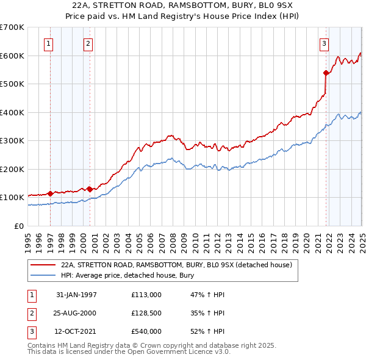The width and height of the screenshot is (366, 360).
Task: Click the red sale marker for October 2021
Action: pyautogui.click(x=326, y=73)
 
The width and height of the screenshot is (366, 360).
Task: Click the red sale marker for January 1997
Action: pyautogui.click(x=50, y=193)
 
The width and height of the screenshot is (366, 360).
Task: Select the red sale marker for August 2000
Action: pyautogui.click(x=90, y=189)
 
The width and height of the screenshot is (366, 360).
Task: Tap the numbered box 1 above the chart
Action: pyautogui.click(x=48, y=43)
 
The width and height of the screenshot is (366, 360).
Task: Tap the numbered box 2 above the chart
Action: pyautogui.click(x=88, y=43)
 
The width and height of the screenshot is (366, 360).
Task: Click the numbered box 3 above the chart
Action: pyautogui.click(x=323, y=43)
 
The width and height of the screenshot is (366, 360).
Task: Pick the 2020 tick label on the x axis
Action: pyautogui.click(x=307, y=238)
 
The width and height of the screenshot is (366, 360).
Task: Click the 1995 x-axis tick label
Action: pyautogui.click(x=28, y=238)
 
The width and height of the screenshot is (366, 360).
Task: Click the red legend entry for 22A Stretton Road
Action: pyautogui.click(x=178, y=265)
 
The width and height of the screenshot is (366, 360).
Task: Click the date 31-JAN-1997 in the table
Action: pyautogui.click(x=76, y=295)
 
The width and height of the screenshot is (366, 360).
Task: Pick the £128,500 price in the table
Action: pyautogui.click(x=146, y=313)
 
